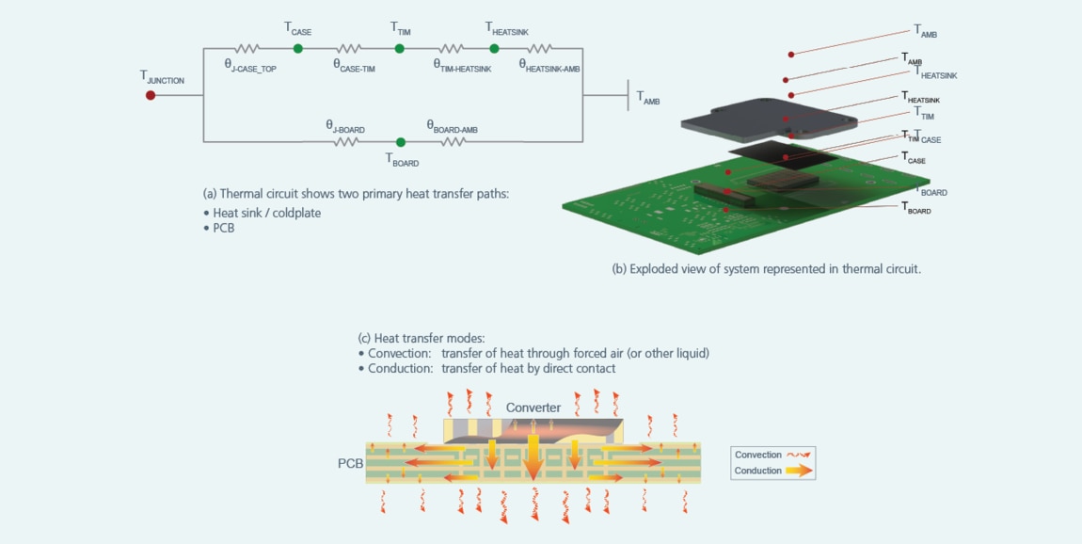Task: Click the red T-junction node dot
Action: point(151,95)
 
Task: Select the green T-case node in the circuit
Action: point(297,48)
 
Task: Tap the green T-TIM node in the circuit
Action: point(400,48)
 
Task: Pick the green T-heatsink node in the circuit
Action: point(494,48)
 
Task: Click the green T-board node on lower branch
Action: point(401,142)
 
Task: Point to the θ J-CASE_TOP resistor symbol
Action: point(247,48)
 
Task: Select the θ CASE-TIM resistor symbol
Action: point(348,48)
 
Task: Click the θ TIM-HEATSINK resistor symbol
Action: point(451,48)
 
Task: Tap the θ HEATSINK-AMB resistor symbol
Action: point(540,48)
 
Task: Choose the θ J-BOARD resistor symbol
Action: point(346,142)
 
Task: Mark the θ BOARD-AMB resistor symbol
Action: point(453,142)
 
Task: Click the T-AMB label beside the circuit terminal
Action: point(647,98)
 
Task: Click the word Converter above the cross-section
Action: point(533,408)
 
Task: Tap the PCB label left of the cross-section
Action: point(350,464)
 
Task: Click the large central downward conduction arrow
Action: point(533,456)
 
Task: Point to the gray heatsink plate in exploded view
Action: point(767,120)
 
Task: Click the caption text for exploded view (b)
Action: point(766,269)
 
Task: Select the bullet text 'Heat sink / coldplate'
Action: point(266,213)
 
